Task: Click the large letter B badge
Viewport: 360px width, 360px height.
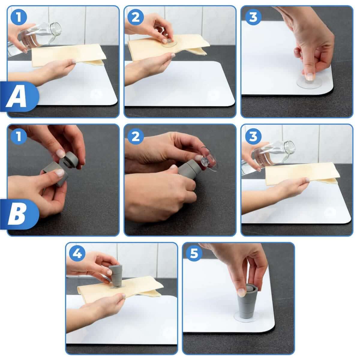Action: (19, 214)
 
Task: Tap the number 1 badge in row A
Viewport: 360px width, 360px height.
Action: (19, 17)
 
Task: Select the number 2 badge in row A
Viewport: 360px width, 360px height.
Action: (136, 17)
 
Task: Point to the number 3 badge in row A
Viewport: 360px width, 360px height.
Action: (253, 17)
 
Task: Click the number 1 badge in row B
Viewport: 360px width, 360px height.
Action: (19, 136)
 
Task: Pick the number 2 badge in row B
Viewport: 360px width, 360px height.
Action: (136, 136)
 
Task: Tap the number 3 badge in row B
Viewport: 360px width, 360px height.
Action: (253, 136)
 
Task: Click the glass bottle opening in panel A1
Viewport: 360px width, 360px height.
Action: (57, 29)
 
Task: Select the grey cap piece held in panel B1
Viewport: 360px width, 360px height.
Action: (72, 160)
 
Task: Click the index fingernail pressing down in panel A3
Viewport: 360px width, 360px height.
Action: (310, 77)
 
